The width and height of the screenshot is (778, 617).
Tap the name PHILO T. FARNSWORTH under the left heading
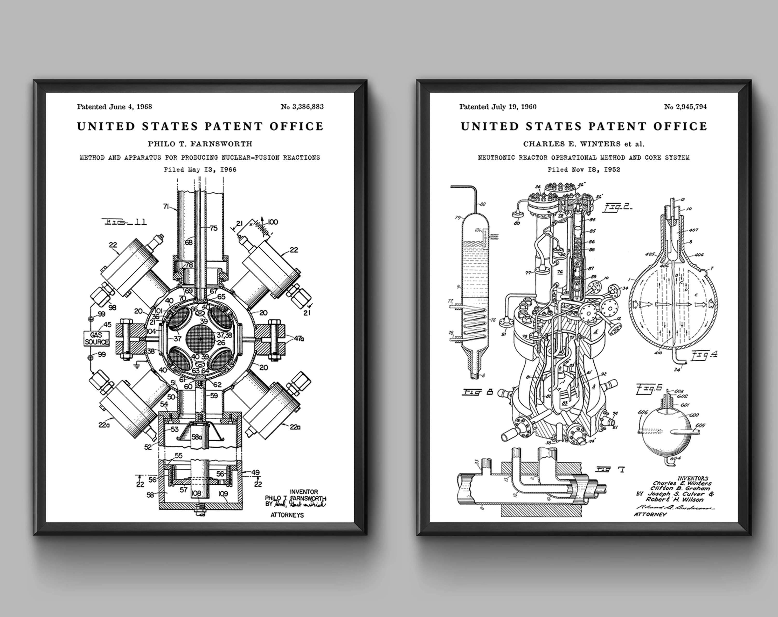coord(200,144)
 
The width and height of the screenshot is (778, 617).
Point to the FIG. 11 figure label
coord(125,222)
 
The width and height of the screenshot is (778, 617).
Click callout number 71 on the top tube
coord(166,206)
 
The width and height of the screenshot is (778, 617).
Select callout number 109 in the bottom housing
coord(223,493)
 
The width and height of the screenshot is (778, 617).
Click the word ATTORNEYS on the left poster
coord(287,515)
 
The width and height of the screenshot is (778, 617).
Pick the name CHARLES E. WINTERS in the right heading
coord(571,144)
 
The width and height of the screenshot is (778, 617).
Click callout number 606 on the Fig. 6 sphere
coord(643,412)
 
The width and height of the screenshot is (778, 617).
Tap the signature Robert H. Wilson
coord(675,499)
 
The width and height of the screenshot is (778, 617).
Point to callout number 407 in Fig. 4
coord(693,230)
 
